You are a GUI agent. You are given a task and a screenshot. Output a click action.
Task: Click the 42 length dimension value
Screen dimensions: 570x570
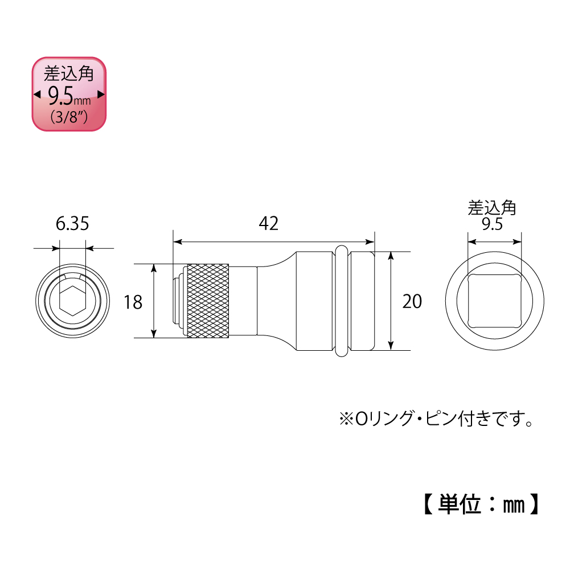click(x=268, y=224)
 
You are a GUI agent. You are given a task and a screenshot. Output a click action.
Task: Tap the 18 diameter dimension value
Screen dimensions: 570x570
click(x=133, y=302)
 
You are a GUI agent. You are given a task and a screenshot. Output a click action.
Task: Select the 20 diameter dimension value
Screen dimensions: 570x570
click(x=412, y=301)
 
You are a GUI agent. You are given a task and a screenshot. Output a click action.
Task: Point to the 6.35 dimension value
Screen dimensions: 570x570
click(x=72, y=224)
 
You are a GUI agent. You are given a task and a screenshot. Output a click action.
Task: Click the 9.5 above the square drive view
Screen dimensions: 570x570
click(x=491, y=224)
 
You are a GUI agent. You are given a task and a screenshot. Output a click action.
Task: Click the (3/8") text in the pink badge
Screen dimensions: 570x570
click(x=68, y=118)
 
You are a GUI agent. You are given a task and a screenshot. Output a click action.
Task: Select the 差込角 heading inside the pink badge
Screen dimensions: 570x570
click(x=69, y=74)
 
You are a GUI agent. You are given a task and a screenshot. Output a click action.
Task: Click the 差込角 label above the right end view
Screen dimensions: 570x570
click(x=492, y=207)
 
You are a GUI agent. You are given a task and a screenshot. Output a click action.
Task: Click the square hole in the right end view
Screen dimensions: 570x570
click(x=494, y=301)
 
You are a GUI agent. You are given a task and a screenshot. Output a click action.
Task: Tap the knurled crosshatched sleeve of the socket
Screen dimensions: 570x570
click(x=208, y=301)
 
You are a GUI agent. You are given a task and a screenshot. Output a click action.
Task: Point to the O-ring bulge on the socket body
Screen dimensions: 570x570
click(x=341, y=301)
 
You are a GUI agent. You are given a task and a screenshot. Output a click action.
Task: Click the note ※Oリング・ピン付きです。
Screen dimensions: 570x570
click(x=436, y=421)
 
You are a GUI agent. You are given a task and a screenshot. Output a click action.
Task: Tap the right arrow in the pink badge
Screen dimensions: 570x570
click(x=101, y=95)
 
